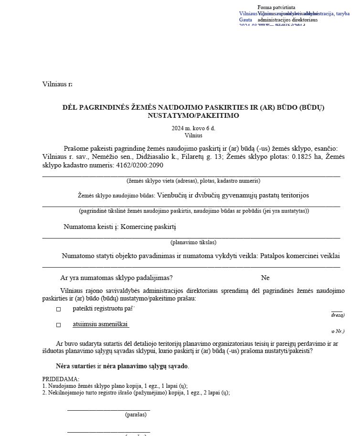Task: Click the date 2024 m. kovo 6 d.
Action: [193, 129]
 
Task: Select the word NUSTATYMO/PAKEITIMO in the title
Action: [193, 115]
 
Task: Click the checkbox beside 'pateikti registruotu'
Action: [59, 309]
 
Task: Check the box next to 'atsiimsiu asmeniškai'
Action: [59, 325]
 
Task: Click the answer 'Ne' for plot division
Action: [265, 278]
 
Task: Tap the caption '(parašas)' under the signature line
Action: [136, 415]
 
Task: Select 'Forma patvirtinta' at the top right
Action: [276, 8]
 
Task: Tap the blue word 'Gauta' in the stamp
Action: [245, 20]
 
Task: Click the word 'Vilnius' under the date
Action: [193, 135]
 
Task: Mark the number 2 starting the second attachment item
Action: [44, 393]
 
